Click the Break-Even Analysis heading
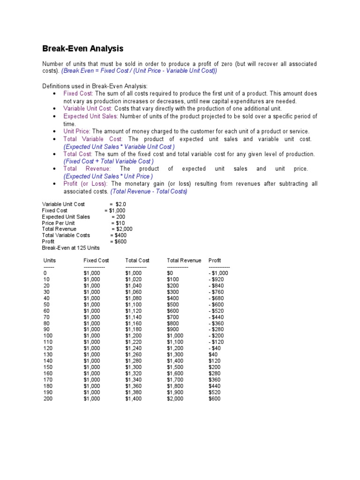point(83,48)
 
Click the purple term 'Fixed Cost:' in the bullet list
point(79,93)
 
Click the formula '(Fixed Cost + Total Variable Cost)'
point(109,161)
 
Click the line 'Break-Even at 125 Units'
point(71,247)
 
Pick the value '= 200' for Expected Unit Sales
point(119,217)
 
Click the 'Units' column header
point(50,260)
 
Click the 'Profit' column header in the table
point(215,260)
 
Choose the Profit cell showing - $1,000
point(218,273)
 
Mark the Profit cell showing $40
point(214,355)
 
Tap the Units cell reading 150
point(48,367)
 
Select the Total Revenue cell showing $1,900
point(175,392)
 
